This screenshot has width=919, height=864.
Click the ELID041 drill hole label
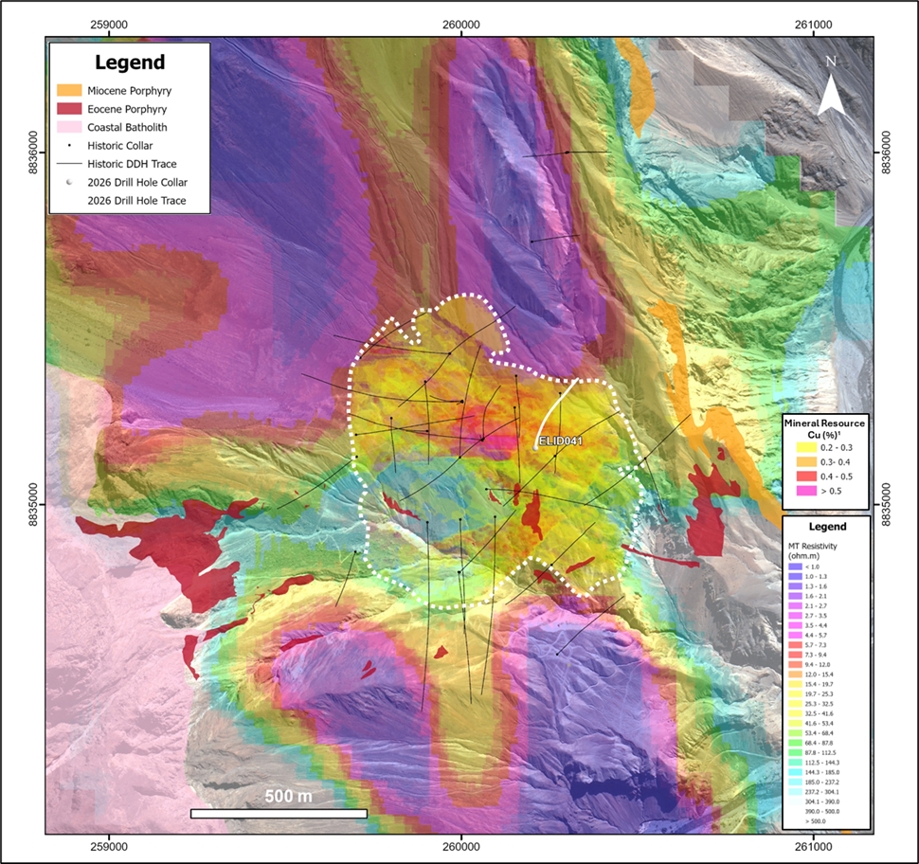[558, 441]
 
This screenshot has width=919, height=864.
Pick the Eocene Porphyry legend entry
[123, 109]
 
